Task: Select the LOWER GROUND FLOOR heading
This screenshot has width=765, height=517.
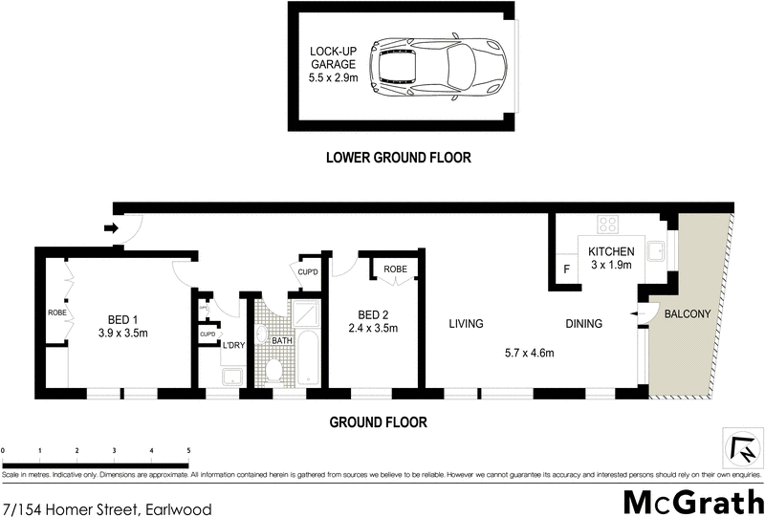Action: (x=398, y=158)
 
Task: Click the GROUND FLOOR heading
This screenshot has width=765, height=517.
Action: (x=378, y=421)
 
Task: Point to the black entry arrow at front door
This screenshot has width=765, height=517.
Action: (x=110, y=227)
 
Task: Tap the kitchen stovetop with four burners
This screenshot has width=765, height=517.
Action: (x=608, y=225)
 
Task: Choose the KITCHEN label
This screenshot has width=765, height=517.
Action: (x=611, y=250)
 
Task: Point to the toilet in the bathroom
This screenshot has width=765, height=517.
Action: (x=273, y=368)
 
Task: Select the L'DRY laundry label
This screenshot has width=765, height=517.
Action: (x=234, y=345)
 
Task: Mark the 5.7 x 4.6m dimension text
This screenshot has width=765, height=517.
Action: (x=529, y=354)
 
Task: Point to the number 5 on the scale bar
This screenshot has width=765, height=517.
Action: (x=188, y=450)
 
